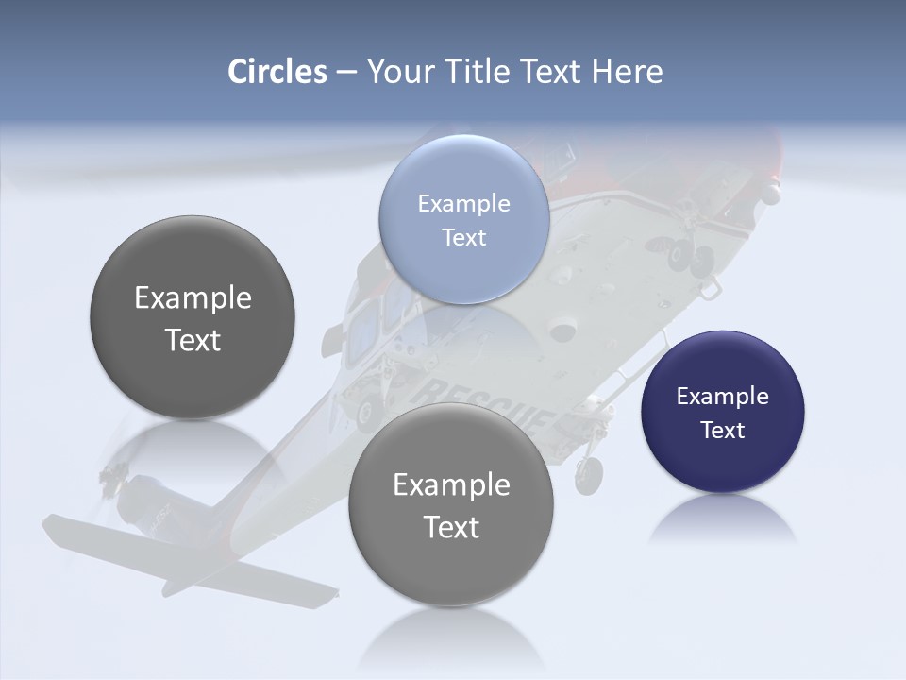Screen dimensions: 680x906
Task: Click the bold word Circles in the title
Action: click(x=277, y=72)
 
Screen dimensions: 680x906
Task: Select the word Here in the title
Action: click(x=627, y=72)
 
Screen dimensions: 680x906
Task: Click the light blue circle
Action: click(x=464, y=219)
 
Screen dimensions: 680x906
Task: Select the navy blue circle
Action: click(x=723, y=412)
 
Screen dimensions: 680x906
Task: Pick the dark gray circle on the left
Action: click(x=193, y=317)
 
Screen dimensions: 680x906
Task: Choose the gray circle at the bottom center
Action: click(x=451, y=504)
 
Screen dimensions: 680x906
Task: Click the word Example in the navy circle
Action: click(x=722, y=397)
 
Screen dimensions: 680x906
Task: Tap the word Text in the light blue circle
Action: click(x=464, y=237)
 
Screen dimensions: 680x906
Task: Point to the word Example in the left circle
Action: click(x=193, y=298)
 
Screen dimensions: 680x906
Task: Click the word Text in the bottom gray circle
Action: click(x=451, y=527)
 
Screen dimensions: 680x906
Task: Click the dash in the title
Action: click(x=346, y=72)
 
